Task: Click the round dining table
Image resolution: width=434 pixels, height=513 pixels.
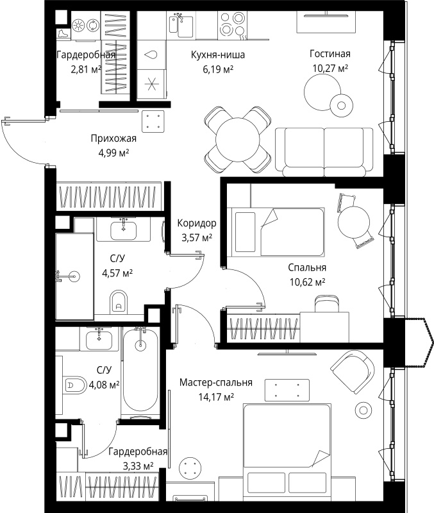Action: click(237, 140)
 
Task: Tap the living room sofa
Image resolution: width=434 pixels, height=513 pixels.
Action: click(324, 152)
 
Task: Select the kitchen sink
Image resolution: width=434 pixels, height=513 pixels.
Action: click(181, 24)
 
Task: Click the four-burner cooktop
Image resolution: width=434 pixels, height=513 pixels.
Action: click(232, 24)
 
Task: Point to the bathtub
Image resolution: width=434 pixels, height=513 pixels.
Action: click(140, 372)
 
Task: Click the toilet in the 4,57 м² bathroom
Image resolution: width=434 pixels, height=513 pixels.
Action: click(119, 301)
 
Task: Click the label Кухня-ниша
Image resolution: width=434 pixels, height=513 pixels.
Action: click(218, 55)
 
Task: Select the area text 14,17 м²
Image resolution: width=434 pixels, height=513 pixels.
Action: click(216, 397)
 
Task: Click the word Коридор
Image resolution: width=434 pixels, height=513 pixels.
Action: click(197, 223)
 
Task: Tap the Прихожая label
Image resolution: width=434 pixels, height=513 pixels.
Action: click(113, 139)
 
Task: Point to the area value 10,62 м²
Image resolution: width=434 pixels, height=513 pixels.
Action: click(307, 282)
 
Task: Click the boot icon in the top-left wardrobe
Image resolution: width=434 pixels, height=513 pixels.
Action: click(63, 34)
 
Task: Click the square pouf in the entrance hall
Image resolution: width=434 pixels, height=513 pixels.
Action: click(153, 121)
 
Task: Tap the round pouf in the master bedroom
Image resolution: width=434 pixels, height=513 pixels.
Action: click(190, 469)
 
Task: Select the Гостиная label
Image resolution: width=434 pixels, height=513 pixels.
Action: click(330, 54)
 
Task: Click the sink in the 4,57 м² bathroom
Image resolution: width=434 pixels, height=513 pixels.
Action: click(123, 230)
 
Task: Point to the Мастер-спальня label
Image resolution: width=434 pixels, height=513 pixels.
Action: click(216, 382)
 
